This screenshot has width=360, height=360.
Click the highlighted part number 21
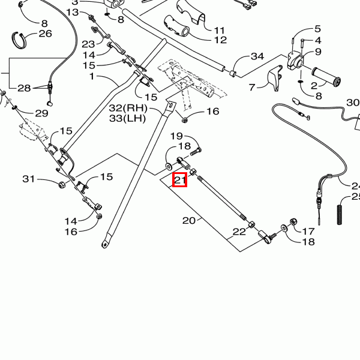pyautogui.click(x=180, y=179)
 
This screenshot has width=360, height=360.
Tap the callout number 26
pyautogui.click(x=46, y=33)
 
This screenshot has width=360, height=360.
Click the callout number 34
pyautogui.click(x=257, y=56)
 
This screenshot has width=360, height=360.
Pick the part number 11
pyautogui.click(x=219, y=29)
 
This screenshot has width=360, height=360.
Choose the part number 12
pyautogui.click(x=220, y=40)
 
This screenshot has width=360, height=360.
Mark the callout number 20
pyautogui.click(x=189, y=220)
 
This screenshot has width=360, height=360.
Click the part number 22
pyautogui.click(x=239, y=232)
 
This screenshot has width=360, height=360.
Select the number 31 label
pyautogui.click(x=29, y=179)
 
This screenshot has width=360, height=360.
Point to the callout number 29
pyautogui.click(x=41, y=113)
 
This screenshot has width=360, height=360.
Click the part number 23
pyautogui.click(x=88, y=44)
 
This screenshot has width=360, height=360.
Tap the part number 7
pyautogui.click(x=253, y=86)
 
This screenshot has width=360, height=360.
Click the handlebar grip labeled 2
pyautogui.click(x=326, y=76)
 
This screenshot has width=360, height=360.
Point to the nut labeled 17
pyautogui.click(x=293, y=224)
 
